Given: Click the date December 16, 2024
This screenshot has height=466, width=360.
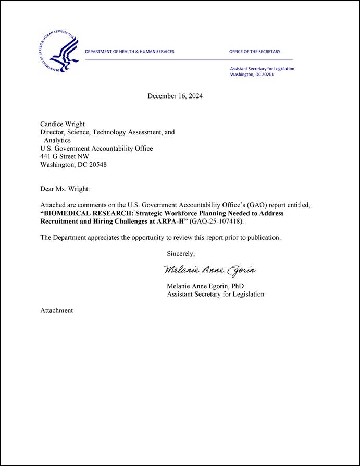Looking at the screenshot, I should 175,96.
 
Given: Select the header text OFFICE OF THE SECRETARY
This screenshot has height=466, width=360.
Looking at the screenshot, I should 255,52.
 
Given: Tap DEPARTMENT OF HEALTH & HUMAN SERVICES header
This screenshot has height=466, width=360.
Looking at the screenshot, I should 130,52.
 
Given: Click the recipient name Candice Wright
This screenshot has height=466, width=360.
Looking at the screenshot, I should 63,124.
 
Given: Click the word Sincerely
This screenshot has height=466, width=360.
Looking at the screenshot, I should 181,254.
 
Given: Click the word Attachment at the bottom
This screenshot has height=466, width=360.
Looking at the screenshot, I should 57,310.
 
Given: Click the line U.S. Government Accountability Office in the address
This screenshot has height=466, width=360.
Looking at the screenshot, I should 96,149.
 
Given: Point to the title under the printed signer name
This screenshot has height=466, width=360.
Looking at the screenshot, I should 215,294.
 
